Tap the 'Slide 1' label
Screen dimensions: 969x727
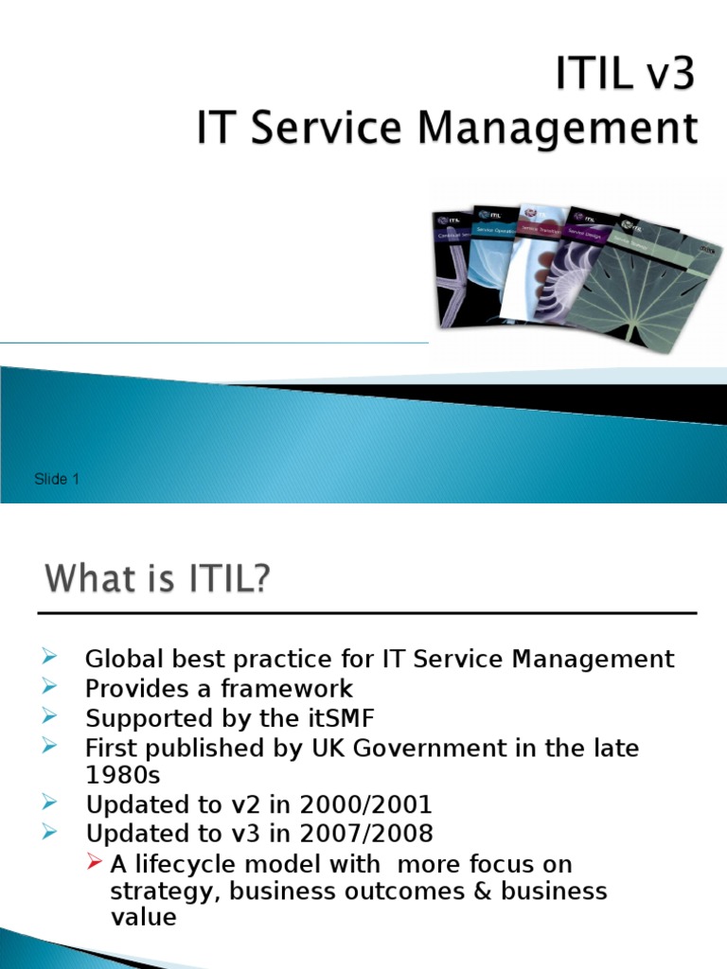[x=57, y=479]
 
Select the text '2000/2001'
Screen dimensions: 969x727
[x=366, y=805]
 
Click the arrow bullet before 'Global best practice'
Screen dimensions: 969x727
[x=51, y=658]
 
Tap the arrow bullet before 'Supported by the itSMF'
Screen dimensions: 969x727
[x=51, y=717]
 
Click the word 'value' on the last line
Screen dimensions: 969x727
[x=143, y=917]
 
